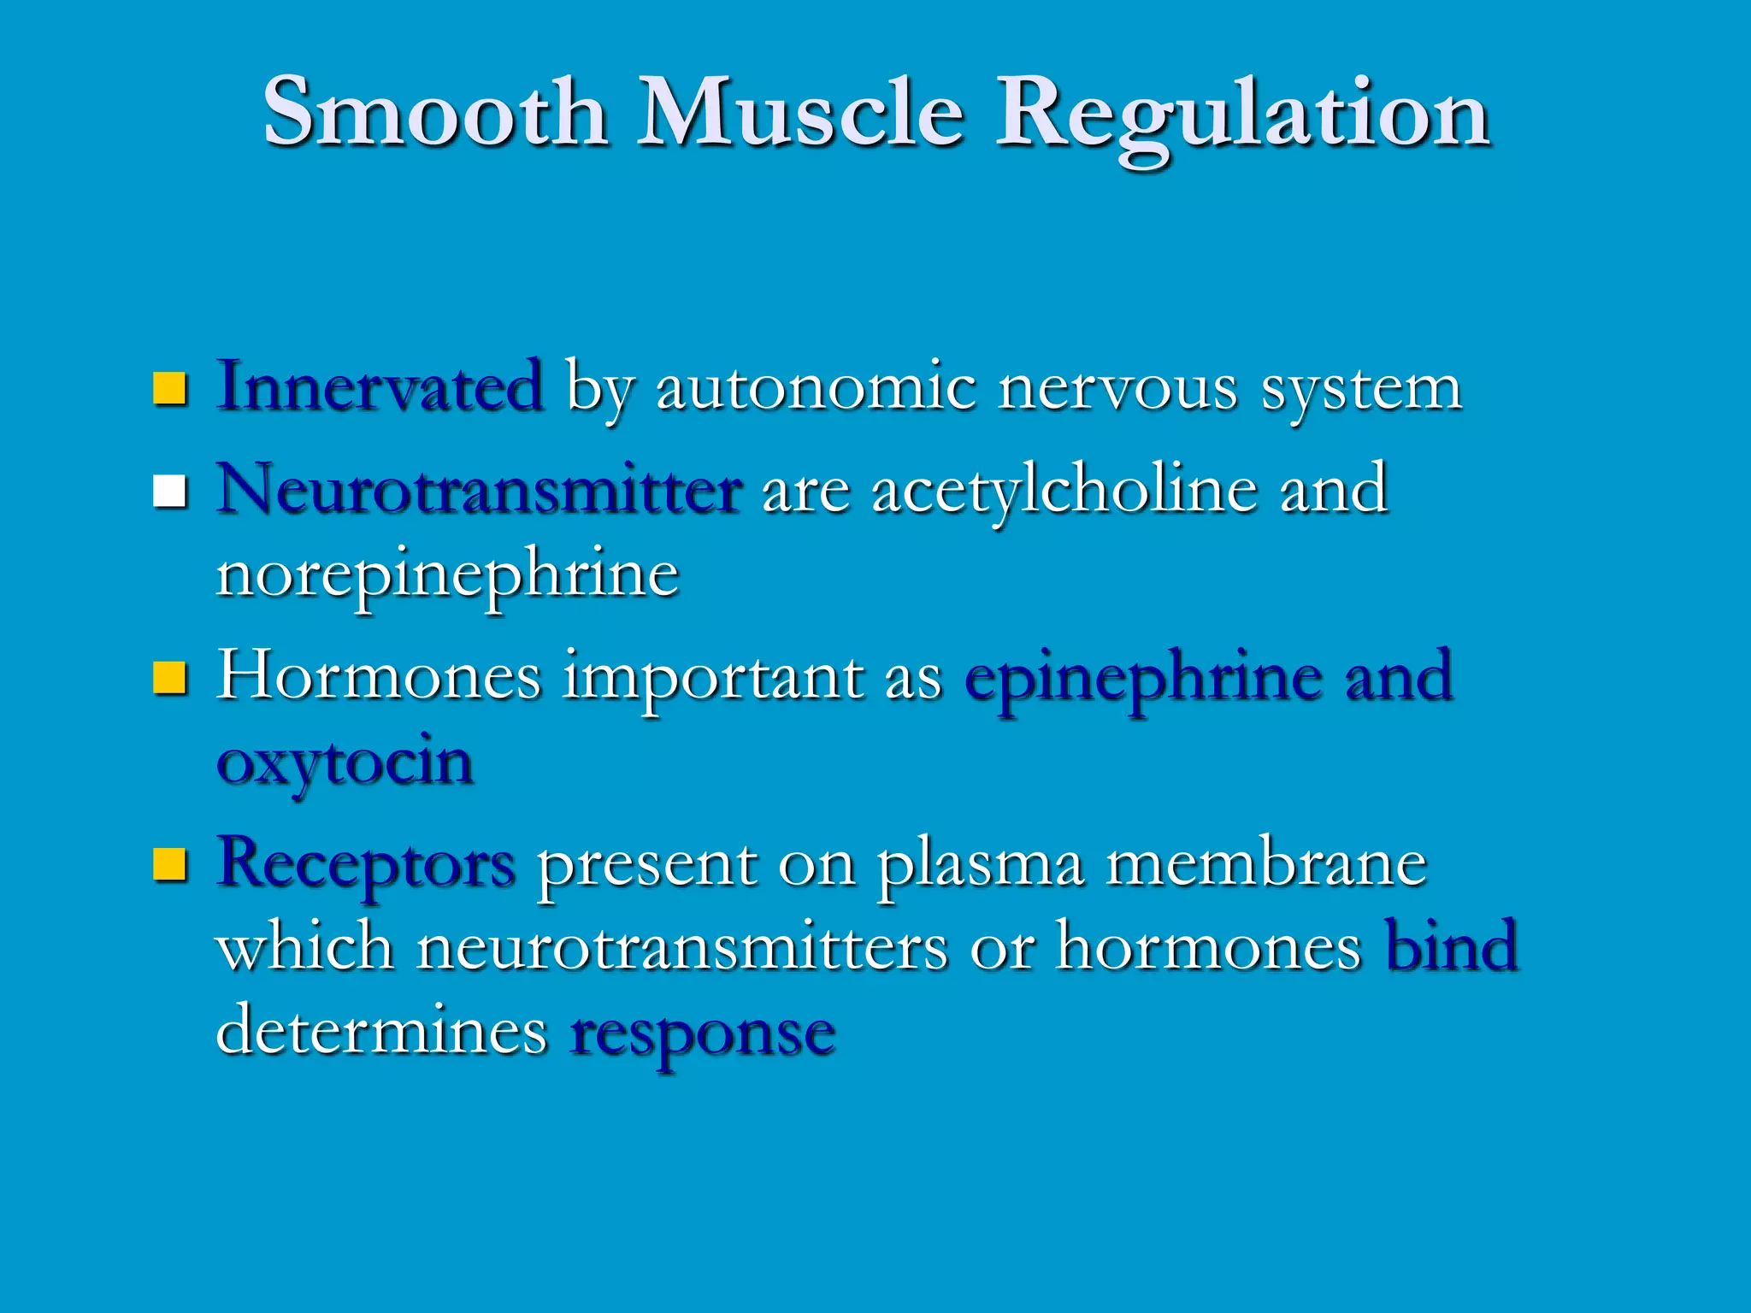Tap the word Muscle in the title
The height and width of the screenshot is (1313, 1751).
801,112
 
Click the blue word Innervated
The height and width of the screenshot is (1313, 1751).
380,386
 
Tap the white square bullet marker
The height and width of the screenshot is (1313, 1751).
169,492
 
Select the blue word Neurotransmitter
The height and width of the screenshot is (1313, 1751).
479,490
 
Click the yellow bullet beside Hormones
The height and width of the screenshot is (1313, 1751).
169,678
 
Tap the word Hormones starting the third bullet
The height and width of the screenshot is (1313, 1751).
379,676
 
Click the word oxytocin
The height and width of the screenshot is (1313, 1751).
345,763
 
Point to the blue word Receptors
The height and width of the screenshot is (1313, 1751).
367,864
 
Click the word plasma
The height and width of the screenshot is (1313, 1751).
980,866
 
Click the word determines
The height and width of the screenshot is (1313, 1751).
381,1030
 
